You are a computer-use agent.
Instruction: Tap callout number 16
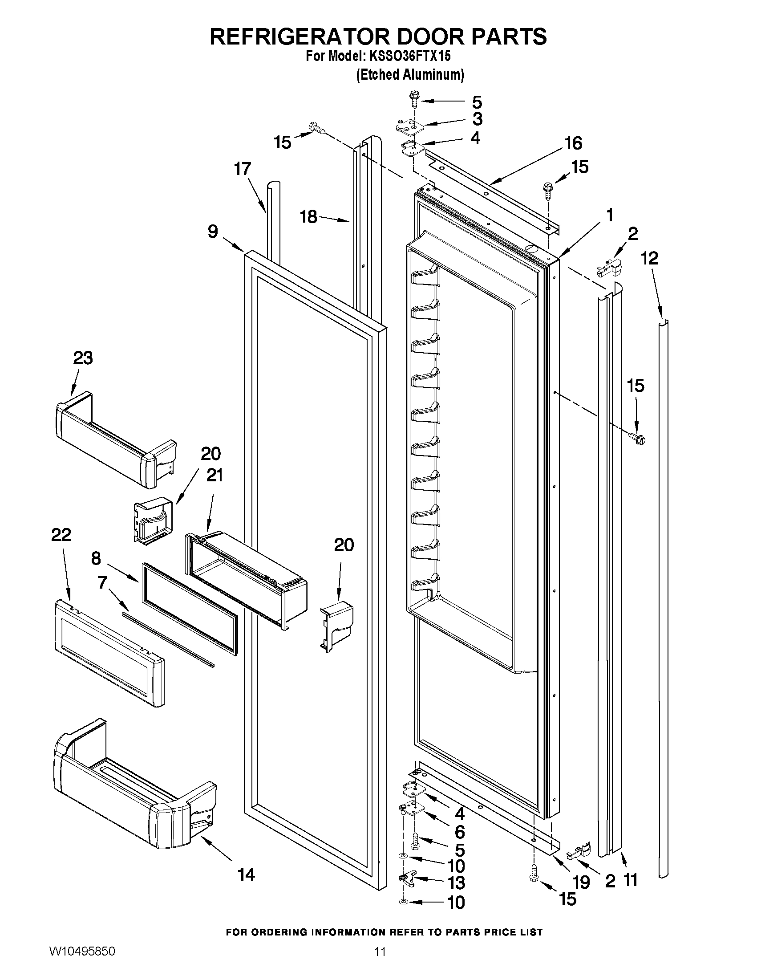[x=573, y=143]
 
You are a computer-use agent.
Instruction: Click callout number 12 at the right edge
[x=650, y=258]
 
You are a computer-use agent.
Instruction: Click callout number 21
[x=215, y=475]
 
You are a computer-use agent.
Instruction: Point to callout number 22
[x=61, y=535]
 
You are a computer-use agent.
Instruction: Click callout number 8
[x=96, y=559]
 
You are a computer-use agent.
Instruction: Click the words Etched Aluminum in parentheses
[x=409, y=75]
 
